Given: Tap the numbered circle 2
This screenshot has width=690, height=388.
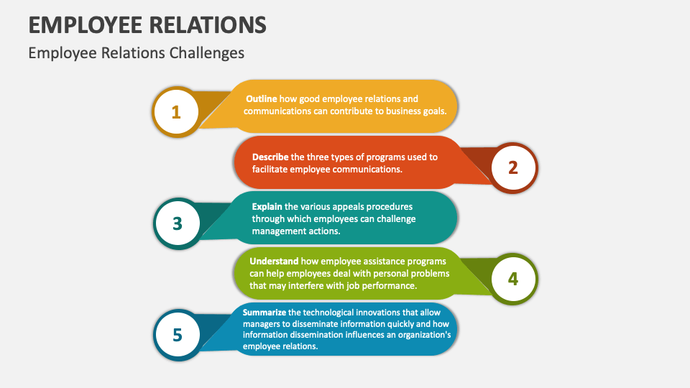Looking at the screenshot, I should pyautogui.click(x=513, y=167).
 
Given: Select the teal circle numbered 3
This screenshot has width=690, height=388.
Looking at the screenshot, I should pyautogui.click(x=177, y=223).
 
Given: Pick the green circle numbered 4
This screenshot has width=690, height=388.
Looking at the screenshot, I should pyautogui.click(x=513, y=279).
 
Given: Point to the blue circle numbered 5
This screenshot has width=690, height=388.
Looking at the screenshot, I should pyautogui.click(x=177, y=335).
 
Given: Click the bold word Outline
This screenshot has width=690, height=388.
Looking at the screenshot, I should pyautogui.click(x=262, y=98).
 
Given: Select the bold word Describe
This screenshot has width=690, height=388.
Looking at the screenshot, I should pyautogui.click(x=270, y=157).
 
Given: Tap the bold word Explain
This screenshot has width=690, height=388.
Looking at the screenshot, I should pyautogui.click(x=267, y=206).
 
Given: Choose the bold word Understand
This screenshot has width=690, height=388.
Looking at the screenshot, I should pyautogui.click(x=274, y=261).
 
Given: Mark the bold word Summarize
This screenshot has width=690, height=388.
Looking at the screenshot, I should pyautogui.click(x=264, y=313).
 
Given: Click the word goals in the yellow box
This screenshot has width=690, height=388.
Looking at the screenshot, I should pyautogui.click(x=433, y=111).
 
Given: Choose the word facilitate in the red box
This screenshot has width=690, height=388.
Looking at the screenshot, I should pyautogui.click(x=270, y=170).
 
